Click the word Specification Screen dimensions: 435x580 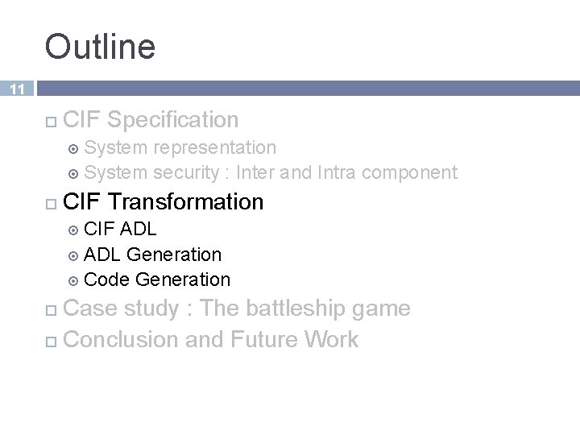click(x=172, y=120)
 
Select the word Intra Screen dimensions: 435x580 click(x=338, y=172)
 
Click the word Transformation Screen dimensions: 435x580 click(x=185, y=201)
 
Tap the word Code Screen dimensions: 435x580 click(x=107, y=280)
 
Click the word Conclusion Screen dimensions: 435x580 click(x=121, y=339)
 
